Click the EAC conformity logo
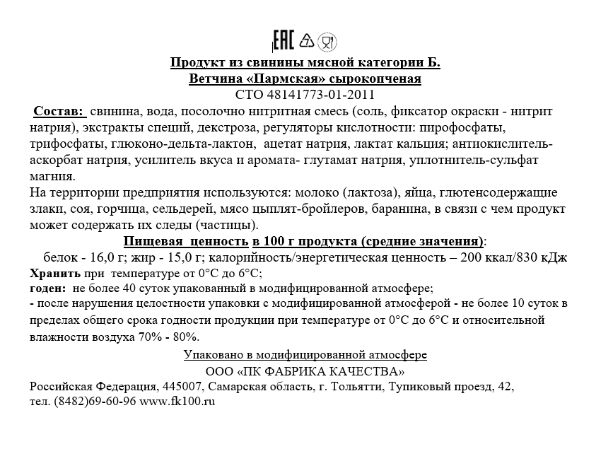point(283,41)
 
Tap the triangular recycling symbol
point(307,40)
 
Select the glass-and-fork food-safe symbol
point(327,41)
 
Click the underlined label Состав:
point(59,112)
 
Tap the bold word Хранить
point(54,274)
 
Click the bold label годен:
point(48,288)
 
